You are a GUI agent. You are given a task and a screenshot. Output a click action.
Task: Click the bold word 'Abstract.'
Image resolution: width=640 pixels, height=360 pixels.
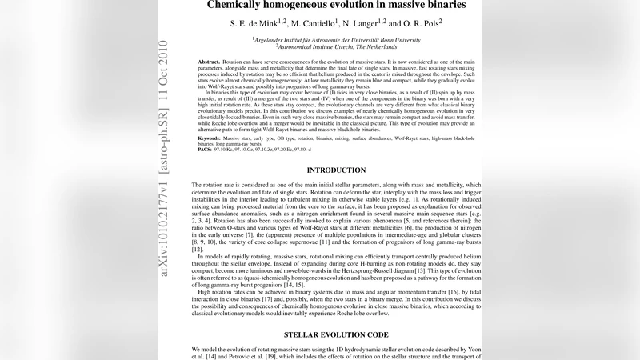coord(209,62)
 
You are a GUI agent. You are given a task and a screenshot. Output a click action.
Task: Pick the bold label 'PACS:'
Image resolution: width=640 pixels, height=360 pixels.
coord(205,150)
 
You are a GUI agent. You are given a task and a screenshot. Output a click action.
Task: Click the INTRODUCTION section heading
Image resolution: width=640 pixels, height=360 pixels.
coord(336,170)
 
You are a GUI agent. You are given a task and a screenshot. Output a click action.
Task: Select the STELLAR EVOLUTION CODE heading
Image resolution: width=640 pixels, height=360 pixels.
coord(336,334)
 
